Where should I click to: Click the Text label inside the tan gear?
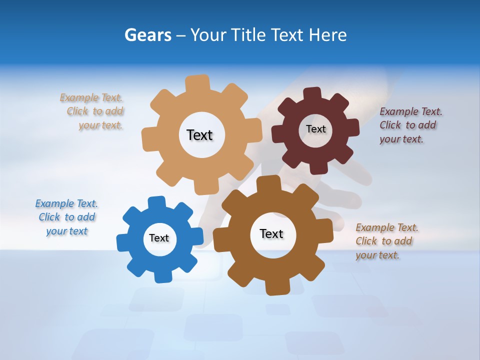point(199,135)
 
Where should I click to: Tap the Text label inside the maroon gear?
point(315,129)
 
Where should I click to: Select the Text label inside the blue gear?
point(159,238)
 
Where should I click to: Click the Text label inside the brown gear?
point(271,233)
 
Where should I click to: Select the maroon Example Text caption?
point(410,125)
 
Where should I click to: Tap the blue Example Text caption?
point(66,217)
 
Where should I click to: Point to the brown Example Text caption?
point(386,241)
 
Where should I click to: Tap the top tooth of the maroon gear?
point(312,94)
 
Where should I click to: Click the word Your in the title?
point(209,35)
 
